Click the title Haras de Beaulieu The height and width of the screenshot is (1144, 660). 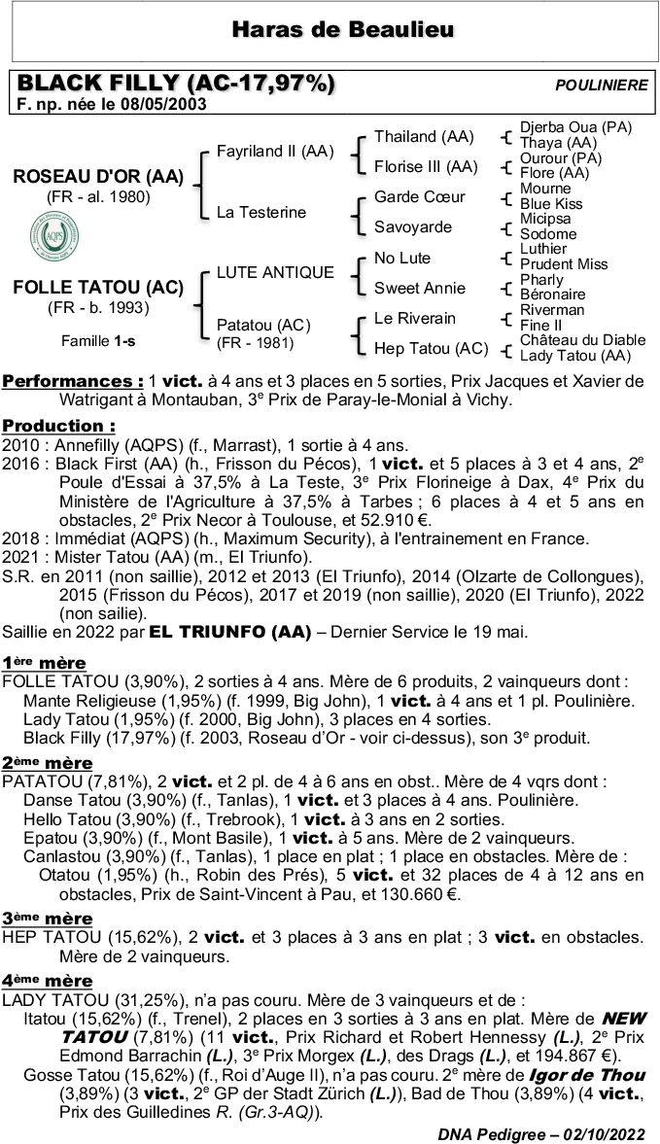343,31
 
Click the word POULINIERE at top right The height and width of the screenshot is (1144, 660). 601,86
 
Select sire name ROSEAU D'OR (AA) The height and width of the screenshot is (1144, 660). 98,177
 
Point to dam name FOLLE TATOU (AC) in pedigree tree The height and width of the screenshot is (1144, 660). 98,288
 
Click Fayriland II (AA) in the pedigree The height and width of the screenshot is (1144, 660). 274,152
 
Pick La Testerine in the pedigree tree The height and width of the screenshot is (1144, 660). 261,212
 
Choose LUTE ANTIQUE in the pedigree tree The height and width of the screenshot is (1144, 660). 275,272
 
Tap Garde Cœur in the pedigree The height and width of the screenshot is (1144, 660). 419,196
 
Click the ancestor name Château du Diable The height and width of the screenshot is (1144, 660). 582,340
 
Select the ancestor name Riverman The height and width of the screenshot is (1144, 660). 552,310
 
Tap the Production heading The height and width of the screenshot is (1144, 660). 58,426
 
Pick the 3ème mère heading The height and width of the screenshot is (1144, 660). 47,919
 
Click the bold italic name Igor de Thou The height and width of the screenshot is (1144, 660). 586,1075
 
